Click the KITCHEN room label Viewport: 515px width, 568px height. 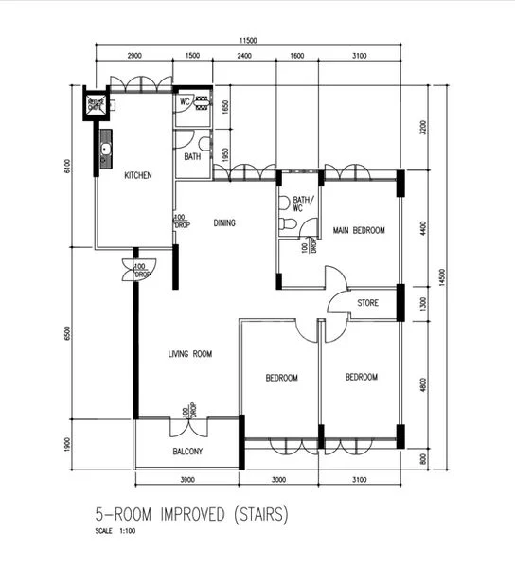pyautogui.click(x=138, y=175)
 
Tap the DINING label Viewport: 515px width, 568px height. pyautogui.click(x=224, y=223)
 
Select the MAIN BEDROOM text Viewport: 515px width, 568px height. pyautogui.click(x=358, y=230)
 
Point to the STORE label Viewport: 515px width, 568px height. pyautogui.click(x=368, y=304)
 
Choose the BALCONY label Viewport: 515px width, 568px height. pyautogui.click(x=187, y=451)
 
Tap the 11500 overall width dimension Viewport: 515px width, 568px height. pyautogui.click(x=248, y=41)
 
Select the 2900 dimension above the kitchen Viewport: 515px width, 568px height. pyautogui.click(x=133, y=57)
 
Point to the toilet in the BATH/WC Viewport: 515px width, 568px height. pyautogui.click(x=291, y=223)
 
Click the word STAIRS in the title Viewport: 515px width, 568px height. pyautogui.click(x=250, y=516)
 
